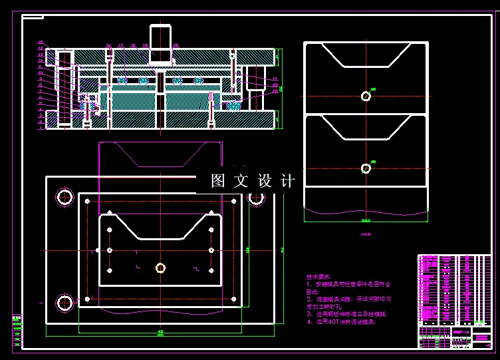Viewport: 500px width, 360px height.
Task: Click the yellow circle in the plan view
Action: point(160,268)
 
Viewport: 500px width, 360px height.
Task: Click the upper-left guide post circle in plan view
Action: point(64,197)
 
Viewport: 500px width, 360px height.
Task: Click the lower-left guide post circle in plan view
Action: point(64,303)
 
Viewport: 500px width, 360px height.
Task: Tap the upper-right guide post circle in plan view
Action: point(257,197)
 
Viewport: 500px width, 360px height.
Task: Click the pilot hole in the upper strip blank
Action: point(366,96)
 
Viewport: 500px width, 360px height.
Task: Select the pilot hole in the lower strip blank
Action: point(366,168)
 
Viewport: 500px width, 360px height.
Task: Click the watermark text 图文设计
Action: point(253,181)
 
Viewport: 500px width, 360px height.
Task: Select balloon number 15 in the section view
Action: point(40,43)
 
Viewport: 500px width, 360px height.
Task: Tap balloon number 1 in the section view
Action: point(40,126)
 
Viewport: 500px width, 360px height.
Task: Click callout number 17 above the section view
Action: point(120,46)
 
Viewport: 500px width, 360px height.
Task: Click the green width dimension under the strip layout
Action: point(365,220)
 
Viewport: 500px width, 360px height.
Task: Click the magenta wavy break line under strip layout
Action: point(365,211)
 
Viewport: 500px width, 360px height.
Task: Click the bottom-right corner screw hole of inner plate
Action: point(233,299)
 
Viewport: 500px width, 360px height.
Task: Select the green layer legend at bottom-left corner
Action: point(17,329)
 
